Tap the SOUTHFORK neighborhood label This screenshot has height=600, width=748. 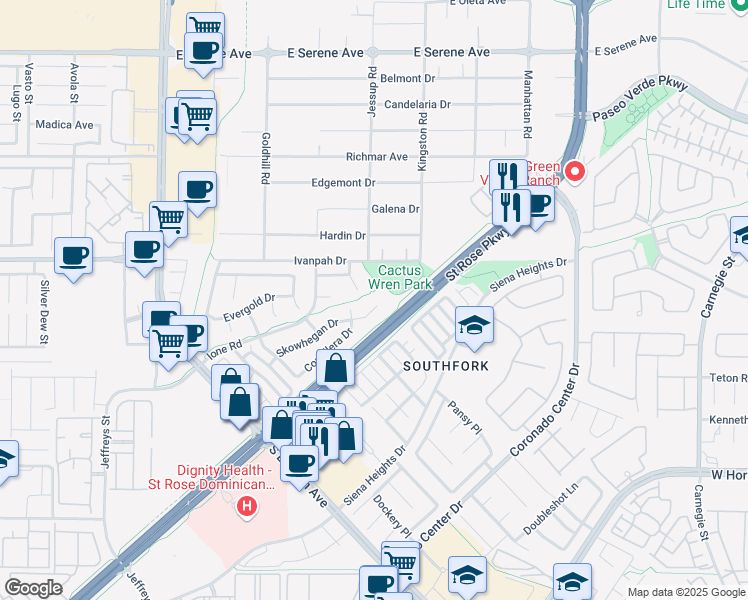pos(446,366)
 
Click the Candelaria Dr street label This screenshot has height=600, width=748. pos(417,104)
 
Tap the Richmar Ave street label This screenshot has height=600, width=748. pos(376,157)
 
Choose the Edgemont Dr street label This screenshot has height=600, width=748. pos(343,183)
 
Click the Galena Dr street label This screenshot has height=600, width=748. pos(395,209)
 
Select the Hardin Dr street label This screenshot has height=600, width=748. pos(342,236)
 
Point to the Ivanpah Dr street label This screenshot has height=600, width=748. pos(320,261)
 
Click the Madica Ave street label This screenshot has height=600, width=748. pos(64,125)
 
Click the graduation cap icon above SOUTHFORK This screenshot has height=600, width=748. pos(474,324)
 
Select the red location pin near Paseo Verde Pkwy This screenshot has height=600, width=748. pos(575,171)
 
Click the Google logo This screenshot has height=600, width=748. pos(33,588)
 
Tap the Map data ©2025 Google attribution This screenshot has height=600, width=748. pos(686,592)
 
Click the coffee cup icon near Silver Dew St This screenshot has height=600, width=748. pos(73,256)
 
